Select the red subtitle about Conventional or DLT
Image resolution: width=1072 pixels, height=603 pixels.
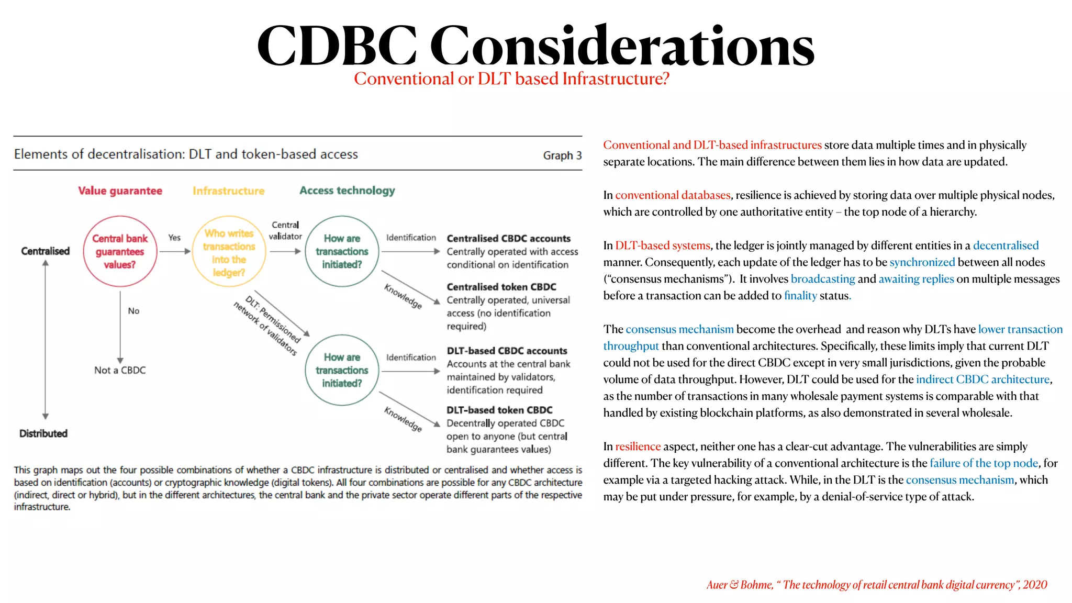coord(511,79)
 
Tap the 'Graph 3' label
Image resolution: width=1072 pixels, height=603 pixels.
coord(562,155)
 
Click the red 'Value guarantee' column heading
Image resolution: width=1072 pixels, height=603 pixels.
coord(120,191)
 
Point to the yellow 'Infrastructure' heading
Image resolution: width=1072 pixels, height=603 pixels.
coord(228,191)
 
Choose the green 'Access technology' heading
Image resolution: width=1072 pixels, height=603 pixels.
coord(347,191)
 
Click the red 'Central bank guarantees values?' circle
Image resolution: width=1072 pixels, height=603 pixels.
coord(120,251)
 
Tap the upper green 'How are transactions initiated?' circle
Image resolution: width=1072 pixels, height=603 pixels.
coord(342,251)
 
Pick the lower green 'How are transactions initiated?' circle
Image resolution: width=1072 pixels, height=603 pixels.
coord(342,370)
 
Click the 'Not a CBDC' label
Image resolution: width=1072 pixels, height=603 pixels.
coord(120,370)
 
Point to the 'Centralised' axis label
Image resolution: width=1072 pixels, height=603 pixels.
coord(45,251)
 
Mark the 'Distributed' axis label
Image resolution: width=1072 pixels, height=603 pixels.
coord(43,433)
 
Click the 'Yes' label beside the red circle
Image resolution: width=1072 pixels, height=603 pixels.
coord(174,238)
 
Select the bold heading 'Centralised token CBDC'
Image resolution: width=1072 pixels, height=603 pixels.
coord(501,287)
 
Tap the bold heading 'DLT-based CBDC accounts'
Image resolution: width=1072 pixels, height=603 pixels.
coord(507,351)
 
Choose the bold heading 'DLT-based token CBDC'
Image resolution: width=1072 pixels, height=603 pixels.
coord(499,410)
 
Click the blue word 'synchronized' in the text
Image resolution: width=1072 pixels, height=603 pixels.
coord(922,262)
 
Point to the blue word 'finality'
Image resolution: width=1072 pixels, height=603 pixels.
coord(800,296)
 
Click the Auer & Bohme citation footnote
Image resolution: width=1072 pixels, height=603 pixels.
coord(876,585)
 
